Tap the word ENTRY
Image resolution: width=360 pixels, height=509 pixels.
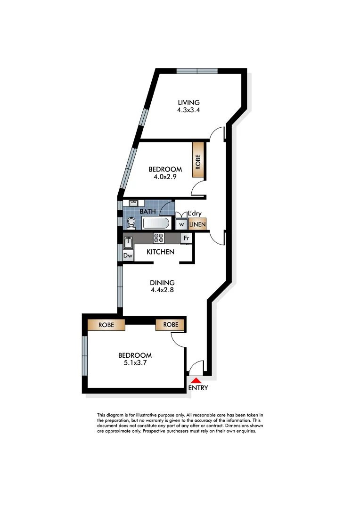click(x=198, y=388)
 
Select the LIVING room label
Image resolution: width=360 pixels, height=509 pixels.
click(x=188, y=102)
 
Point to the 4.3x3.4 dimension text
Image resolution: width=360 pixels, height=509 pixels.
click(x=188, y=111)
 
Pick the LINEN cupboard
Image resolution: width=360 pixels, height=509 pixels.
click(x=197, y=225)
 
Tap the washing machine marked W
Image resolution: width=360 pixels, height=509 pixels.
click(x=181, y=224)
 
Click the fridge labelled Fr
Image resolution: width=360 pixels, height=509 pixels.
click(x=186, y=238)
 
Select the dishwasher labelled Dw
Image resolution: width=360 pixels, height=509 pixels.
click(x=127, y=255)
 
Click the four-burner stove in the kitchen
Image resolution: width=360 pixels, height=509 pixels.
click(x=158, y=238)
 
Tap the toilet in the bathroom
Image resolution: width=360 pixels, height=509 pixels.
click(x=131, y=222)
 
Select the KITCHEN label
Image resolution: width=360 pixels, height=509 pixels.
click(x=160, y=252)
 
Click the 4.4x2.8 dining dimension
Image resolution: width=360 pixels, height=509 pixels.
click(x=162, y=290)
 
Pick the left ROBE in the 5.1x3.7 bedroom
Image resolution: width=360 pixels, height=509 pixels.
click(x=106, y=325)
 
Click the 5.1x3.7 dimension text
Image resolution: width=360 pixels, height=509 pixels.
click(x=135, y=363)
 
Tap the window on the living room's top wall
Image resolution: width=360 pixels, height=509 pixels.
click(x=197, y=71)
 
